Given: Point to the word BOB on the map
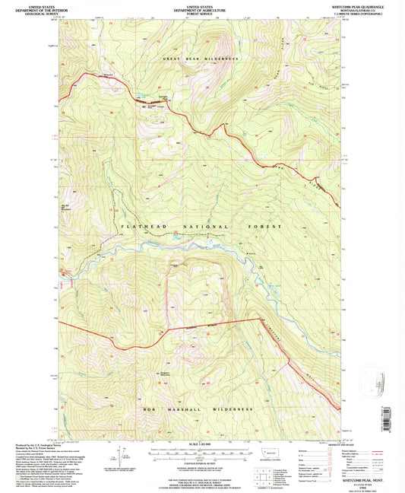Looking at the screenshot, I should (x=149, y=409).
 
